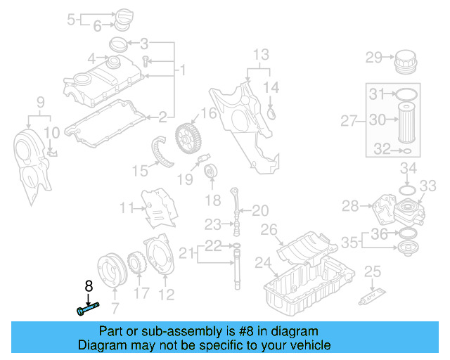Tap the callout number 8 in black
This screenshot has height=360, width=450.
click(x=89, y=286)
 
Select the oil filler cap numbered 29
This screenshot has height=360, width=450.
click(x=406, y=61)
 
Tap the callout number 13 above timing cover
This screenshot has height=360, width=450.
click(x=260, y=54)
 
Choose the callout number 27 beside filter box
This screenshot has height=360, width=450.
click(x=350, y=122)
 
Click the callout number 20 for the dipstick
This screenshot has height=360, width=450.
click(x=260, y=210)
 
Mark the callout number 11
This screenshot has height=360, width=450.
click(x=126, y=207)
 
